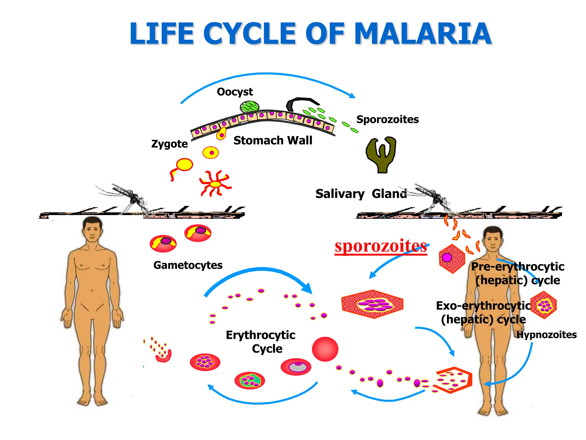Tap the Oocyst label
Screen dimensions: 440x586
pos(235,92)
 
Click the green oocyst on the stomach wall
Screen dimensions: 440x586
pos(250,107)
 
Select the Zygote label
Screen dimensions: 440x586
pos(169,144)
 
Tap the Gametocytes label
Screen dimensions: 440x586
pos(188,265)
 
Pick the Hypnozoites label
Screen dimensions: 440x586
pos(547,335)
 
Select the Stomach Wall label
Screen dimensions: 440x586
pos(273,141)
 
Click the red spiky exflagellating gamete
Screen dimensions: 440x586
pos(215,184)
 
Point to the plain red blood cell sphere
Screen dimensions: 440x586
pos(325,349)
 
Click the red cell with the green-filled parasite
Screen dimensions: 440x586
pos(250,381)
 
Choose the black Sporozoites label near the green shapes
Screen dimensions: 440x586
pos(387,119)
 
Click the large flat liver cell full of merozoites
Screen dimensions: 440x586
pos(372,304)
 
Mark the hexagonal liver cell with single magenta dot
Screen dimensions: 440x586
pos(452,259)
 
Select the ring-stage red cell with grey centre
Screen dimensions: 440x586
pos(296,367)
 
